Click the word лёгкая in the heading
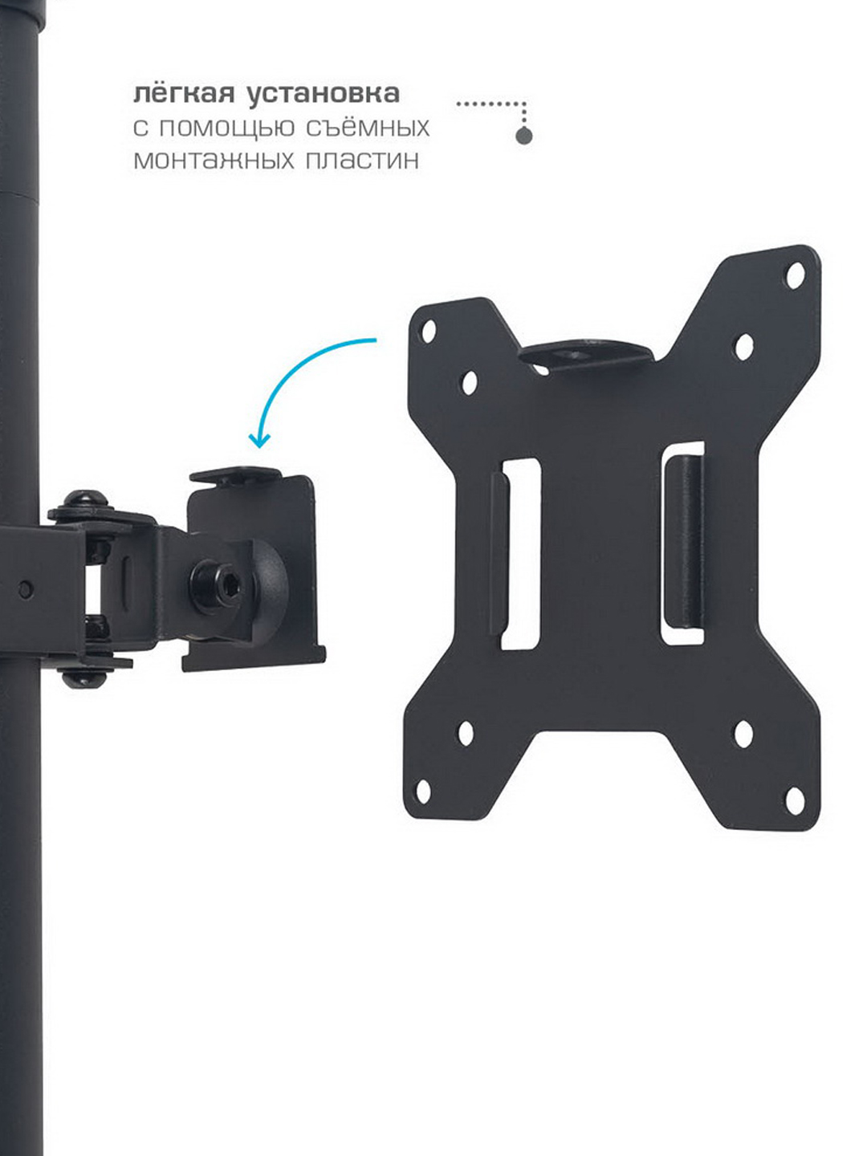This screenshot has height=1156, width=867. click(184, 93)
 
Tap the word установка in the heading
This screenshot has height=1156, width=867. click(324, 94)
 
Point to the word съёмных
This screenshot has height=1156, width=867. click(368, 128)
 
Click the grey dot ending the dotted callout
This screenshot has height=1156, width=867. click(523, 136)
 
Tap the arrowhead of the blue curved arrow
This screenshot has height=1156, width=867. click(259, 440)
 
